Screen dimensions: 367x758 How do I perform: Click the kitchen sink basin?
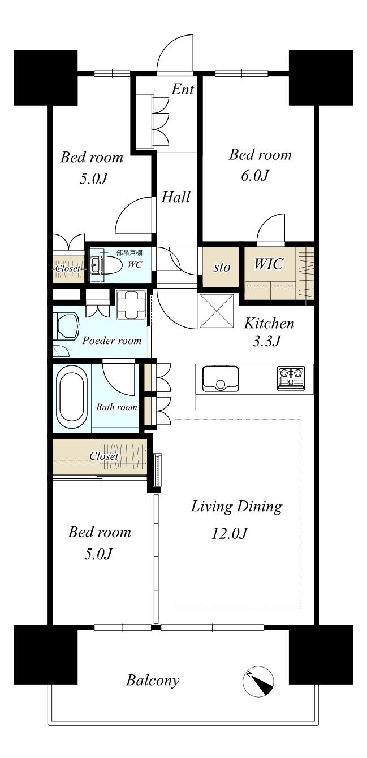[x=221, y=378]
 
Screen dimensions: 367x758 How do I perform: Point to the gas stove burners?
[x=291, y=378]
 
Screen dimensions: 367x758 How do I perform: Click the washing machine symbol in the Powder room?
[x=132, y=304]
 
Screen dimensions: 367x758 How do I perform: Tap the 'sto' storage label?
[x=222, y=267]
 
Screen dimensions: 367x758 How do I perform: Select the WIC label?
[x=269, y=264]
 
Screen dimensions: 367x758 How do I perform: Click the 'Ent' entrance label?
[x=183, y=89]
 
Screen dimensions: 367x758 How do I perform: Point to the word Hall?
[x=175, y=197]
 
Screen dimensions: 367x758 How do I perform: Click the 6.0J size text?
[x=255, y=176]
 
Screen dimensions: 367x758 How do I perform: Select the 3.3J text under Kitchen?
[x=266, y=341]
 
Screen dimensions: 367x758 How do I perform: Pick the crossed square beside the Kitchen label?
[x=217, y=311]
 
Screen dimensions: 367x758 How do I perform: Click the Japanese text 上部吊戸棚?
[x=127, y=253]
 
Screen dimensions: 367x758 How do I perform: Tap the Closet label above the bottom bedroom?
[x=104, y=456]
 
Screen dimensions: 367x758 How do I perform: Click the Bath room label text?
[x=116, y=407]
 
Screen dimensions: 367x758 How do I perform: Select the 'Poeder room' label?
[x=112, y=340]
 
